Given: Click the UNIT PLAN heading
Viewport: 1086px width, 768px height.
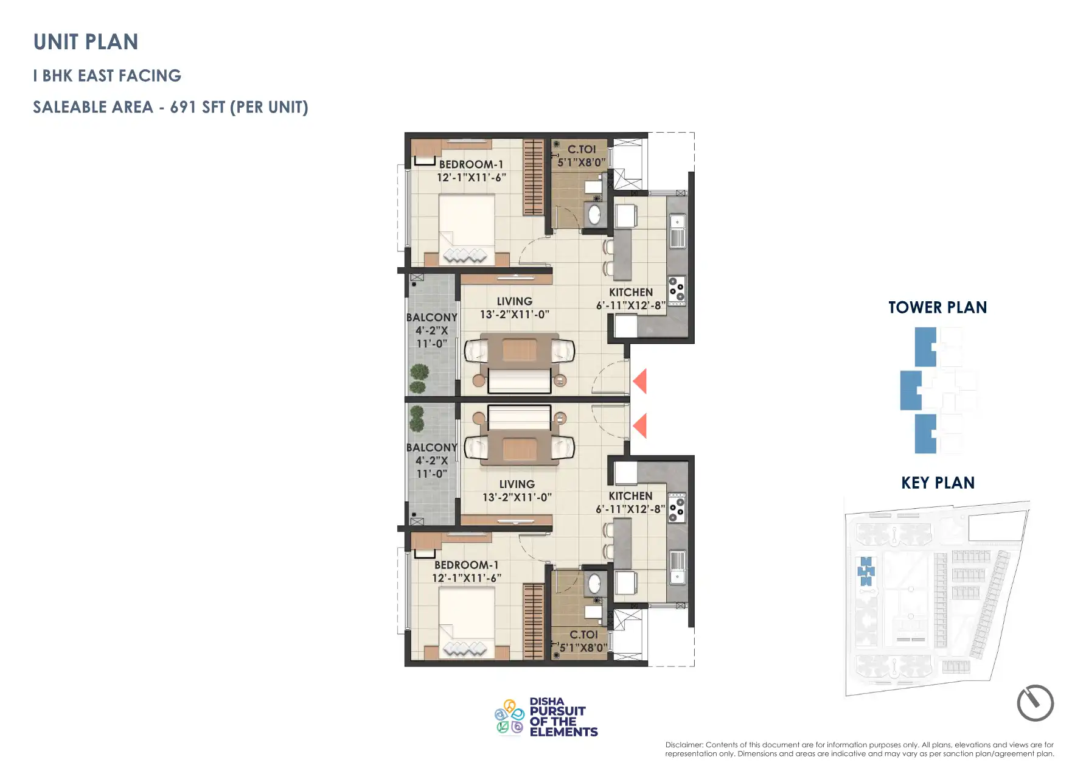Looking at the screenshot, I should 86,42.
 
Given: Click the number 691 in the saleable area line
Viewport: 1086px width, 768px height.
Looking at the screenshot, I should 183,107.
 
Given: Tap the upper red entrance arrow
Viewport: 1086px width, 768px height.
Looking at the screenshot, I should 639,381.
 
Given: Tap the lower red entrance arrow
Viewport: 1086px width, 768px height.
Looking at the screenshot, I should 639,425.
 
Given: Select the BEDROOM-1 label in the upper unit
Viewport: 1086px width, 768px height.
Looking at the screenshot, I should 471,164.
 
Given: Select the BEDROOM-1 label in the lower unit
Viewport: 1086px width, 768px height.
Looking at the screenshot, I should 466,565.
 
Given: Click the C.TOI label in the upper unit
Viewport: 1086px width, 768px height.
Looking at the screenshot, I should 581,149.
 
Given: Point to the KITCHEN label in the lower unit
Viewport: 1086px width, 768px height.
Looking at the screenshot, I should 630,496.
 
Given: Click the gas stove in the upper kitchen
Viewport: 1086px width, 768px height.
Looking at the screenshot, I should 677,290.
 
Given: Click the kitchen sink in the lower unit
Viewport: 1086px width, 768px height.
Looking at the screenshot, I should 677,566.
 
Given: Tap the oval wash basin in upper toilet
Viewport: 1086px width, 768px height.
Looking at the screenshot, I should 594,214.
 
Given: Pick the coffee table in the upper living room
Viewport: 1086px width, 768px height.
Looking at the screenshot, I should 520,351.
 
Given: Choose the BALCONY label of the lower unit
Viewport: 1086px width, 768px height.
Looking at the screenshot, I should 431,447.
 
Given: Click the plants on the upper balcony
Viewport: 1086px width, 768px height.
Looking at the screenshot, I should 418,378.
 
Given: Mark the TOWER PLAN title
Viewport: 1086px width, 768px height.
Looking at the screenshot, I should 937,307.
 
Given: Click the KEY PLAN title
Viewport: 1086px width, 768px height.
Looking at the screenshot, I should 938,483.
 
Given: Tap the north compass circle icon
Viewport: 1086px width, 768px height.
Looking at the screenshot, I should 1035,703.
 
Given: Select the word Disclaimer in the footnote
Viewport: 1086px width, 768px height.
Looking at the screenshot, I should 684,744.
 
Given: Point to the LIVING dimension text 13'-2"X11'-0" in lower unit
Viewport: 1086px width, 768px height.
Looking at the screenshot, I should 517,497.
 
